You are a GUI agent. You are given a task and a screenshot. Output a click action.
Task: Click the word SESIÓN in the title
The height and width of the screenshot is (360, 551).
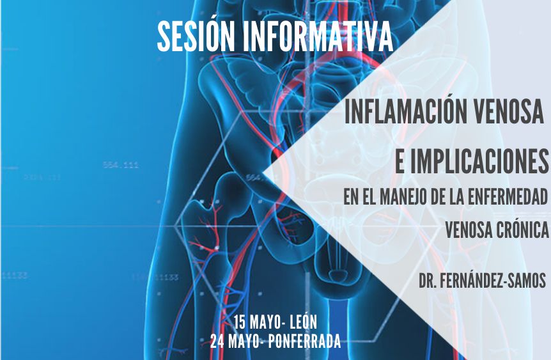point(196,37)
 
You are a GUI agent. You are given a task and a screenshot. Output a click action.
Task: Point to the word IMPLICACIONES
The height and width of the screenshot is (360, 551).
point(479,161)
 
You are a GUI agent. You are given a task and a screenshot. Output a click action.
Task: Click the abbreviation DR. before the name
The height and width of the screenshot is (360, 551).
point(427,281)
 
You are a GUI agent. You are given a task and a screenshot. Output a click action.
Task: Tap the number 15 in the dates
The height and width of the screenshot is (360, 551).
point(239,322)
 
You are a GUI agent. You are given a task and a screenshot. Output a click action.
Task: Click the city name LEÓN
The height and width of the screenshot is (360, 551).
point(304,322)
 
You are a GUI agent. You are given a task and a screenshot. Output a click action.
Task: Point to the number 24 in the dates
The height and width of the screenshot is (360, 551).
point(217,341)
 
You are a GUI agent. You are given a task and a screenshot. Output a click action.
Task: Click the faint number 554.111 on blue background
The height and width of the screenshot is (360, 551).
point(121,165)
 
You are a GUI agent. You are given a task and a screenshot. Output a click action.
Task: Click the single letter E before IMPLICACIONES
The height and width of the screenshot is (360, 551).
point(400,161)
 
